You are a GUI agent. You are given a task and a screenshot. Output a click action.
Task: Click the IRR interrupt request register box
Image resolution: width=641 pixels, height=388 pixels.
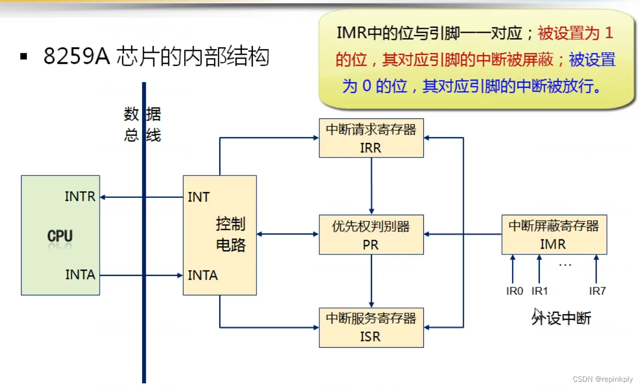[371, 138]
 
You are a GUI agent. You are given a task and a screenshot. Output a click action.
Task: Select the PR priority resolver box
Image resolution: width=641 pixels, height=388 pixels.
[371, 235]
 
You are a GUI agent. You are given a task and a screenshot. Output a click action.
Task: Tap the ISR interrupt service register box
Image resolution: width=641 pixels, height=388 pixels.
[371, 328]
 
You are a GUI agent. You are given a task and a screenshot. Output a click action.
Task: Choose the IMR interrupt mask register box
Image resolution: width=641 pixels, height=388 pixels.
[554, 235]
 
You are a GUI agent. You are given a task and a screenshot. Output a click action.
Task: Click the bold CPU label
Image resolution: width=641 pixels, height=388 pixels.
[60, 236]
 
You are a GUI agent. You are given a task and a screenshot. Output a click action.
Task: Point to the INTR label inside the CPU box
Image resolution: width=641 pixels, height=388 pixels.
[80, 197]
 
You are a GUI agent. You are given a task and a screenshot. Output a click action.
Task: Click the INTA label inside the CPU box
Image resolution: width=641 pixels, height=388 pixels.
[80, 274]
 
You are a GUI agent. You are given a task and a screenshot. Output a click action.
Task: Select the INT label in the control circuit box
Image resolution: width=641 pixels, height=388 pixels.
[199, 197]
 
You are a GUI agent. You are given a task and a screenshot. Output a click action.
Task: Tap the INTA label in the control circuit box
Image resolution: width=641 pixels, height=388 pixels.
[202, 275]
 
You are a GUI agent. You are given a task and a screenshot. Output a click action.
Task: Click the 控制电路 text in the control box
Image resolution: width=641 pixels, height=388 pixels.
[231, 235]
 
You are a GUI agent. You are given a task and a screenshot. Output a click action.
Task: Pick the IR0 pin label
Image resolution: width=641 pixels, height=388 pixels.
[515, 291]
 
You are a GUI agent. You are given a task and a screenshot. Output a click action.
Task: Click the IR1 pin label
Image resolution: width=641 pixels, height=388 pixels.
[540, 291]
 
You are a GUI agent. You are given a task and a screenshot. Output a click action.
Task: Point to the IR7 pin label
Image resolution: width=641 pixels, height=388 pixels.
[597, 291]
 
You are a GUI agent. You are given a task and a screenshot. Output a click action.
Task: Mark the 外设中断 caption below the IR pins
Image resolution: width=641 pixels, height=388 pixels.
[561, 318]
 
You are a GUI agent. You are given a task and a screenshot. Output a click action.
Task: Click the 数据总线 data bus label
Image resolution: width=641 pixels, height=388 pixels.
[142, 125]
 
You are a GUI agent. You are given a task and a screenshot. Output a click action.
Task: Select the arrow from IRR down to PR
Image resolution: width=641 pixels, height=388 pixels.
[371, 186]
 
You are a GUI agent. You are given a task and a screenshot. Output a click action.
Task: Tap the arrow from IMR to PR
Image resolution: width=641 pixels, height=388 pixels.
[462, 235]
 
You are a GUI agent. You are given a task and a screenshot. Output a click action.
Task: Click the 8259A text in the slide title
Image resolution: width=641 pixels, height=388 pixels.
[76, 57]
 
